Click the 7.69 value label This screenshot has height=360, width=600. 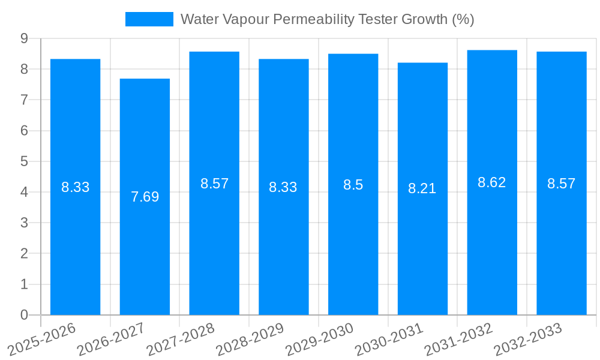pyautogui.click(x=145, y=197)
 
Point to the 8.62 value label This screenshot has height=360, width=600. pyautogui.click(x=491, y=183)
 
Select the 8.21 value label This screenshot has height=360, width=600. pyautogui.click(x=422, y=188)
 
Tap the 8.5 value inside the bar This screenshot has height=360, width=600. pyautogui.click(x=353, y=185)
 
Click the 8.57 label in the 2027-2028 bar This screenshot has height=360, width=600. pyautogui.click(x=214, y=184)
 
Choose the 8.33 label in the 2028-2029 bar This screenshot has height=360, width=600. pyautogui.click(x=283, y=187)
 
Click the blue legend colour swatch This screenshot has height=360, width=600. pyautogui.click(x=149, y=19)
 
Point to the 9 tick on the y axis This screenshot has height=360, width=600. pyautogui.click(x=24, y=38)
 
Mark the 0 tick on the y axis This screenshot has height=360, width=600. pyautogui.click(x=24, y=315)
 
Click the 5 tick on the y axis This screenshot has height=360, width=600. pyautogui.click(x=24, y=161)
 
